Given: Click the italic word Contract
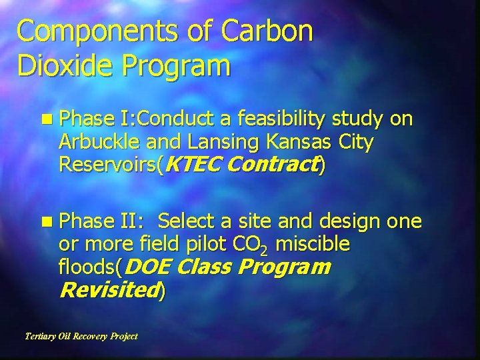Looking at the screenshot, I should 275,165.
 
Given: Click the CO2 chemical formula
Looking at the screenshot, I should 253,245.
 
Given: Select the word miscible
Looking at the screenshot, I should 312,244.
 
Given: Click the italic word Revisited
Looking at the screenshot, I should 107,290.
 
